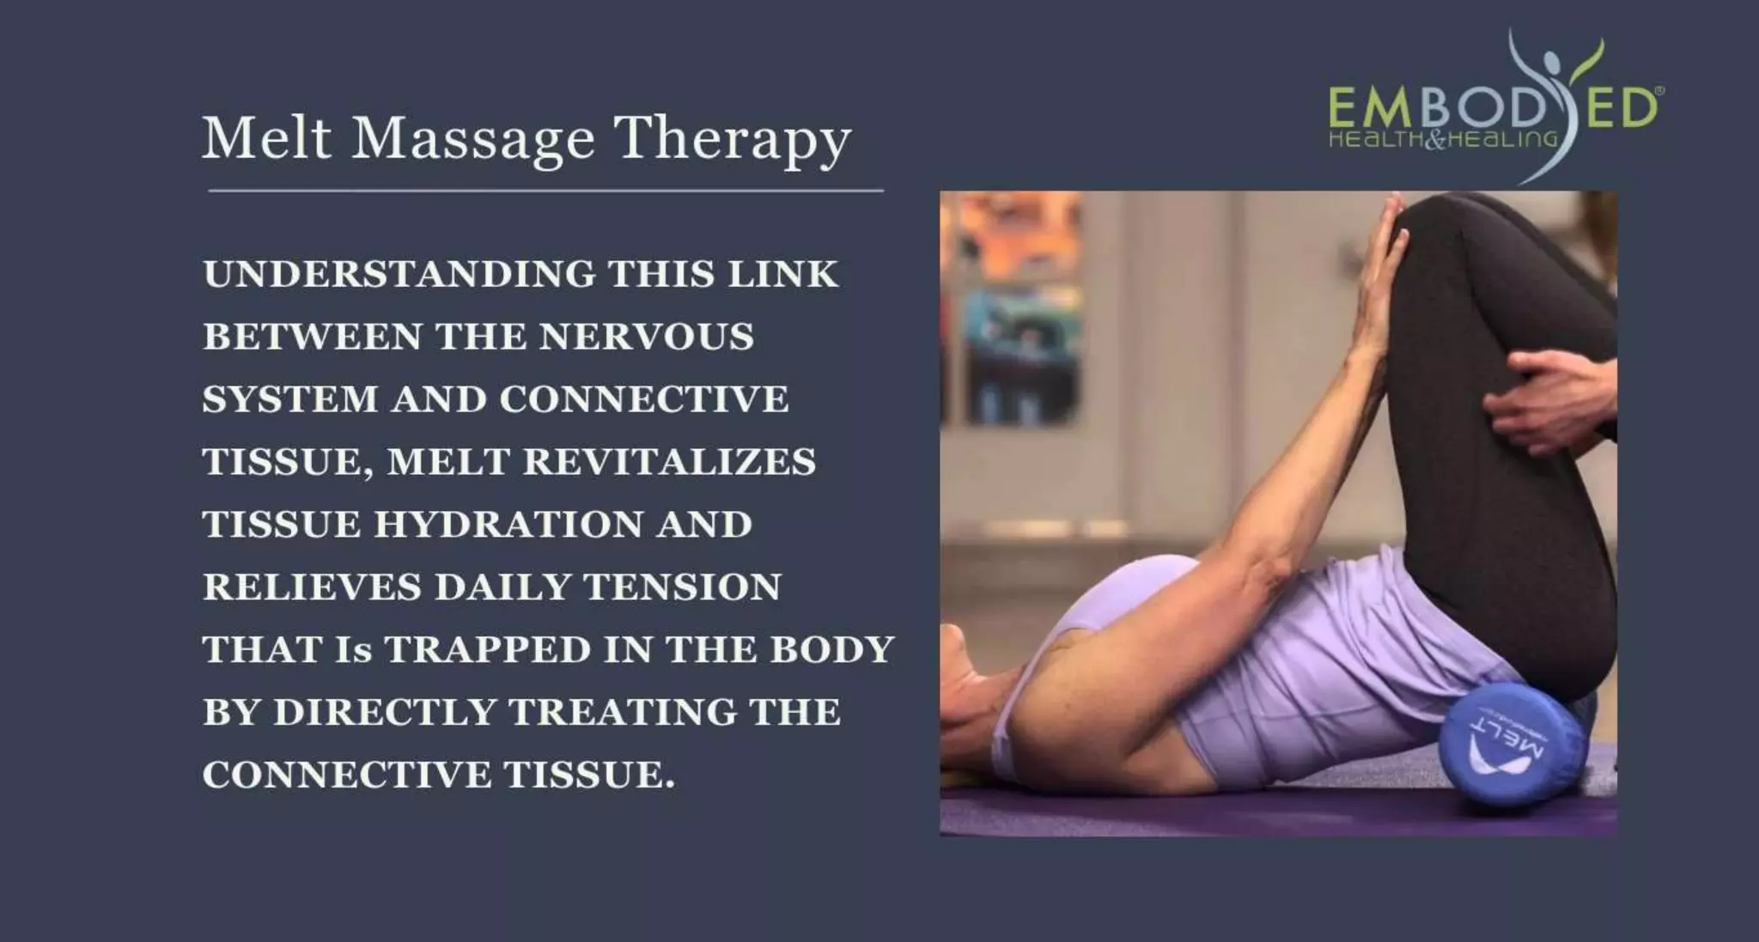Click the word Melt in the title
(x=266, y=137)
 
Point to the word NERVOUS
(x=647, y=337)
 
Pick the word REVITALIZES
(x=669, y=462)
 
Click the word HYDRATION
(x=508, y=525)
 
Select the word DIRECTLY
(x=385, y=713)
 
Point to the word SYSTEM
(x=290, y=399)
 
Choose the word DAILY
(x=502, y=587)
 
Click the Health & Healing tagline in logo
(x=1443, y=139)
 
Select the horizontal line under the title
(x=545, y=191)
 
